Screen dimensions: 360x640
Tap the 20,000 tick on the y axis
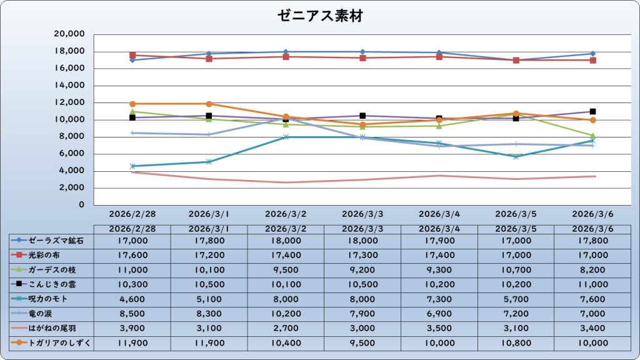pos(71,34)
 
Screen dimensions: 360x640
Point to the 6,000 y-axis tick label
pos(74,154)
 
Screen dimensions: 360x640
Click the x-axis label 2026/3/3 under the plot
pos(362,214)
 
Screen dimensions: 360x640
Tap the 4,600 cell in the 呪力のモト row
pos(132,299)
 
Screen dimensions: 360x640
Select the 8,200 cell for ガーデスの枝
pos(593,269)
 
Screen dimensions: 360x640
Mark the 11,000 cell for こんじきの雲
pos(593,284)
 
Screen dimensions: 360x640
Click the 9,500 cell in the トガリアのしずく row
pos(362,342)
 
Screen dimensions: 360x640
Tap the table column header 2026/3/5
pos(516,229)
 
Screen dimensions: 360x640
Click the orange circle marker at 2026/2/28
pos(132,104)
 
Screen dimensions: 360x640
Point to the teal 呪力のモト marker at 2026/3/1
pos(209,162)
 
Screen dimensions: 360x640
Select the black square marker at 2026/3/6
pos(593,111)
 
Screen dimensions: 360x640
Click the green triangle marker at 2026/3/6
pos(593,136)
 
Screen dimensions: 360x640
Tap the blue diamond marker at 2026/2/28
pos(132,60)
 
